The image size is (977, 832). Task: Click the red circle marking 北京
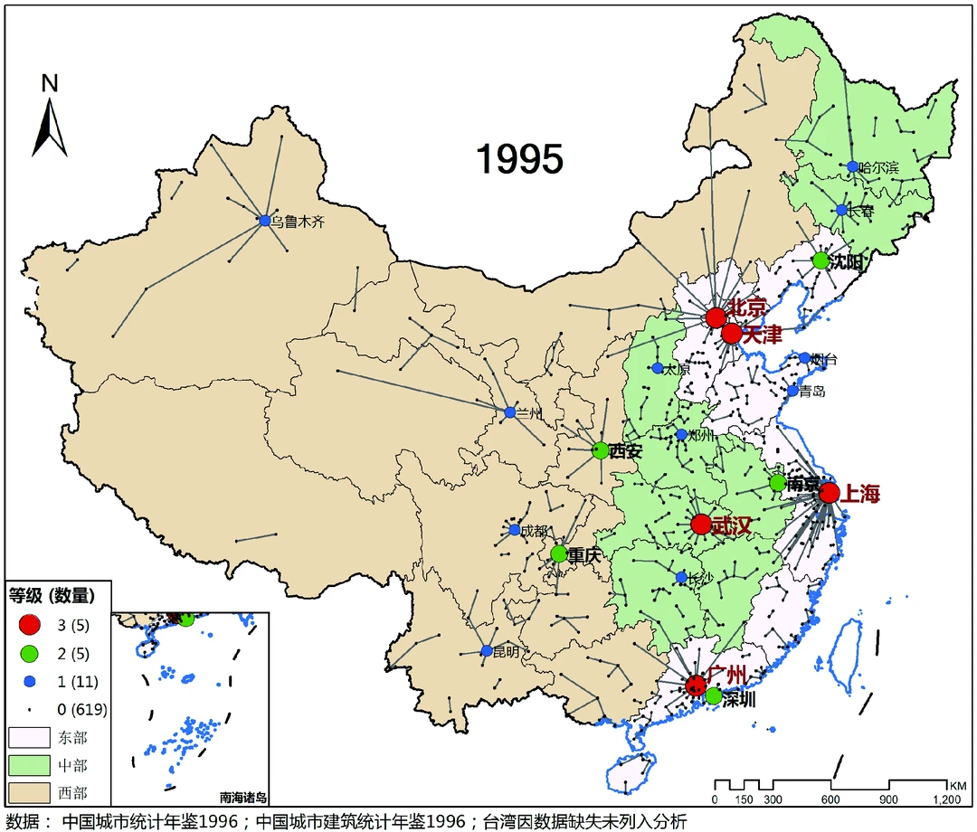716,317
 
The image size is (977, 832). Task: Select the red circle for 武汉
700,525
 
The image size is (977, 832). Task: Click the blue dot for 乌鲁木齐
265,220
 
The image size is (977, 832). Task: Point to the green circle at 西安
600,449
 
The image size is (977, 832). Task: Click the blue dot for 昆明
486,651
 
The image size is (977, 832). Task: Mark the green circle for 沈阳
820,260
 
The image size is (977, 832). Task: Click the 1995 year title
519,159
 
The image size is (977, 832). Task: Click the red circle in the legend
31,624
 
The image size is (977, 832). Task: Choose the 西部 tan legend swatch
31,794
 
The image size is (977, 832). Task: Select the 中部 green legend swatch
31,766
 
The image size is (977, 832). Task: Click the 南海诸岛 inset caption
243,798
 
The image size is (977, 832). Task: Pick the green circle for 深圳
713,695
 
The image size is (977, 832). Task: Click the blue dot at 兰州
509,412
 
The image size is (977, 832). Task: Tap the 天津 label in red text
763,336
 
